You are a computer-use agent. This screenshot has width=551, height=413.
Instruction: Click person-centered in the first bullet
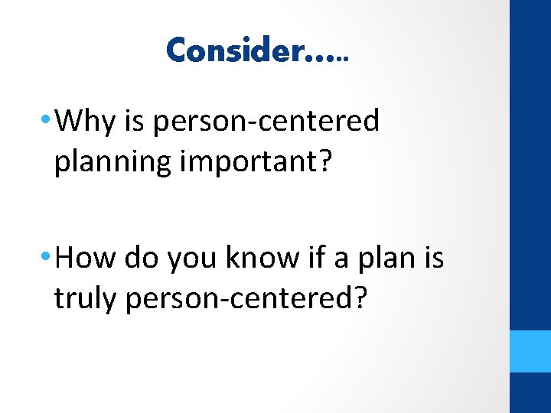coord(266,122)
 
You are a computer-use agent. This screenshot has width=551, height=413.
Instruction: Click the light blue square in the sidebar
coord(530,351)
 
